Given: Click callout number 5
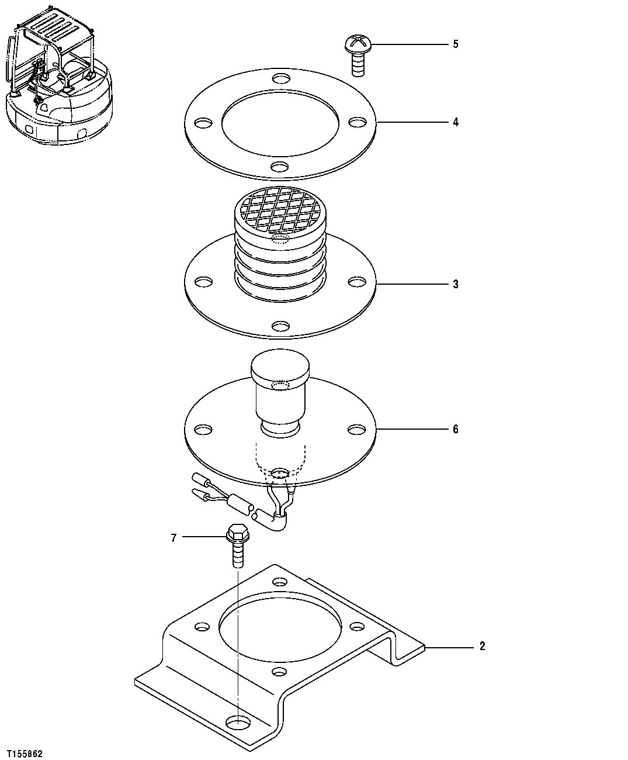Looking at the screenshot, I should coord(456,44).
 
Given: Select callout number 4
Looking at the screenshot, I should coord(456,122).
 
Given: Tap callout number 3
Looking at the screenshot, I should coord(456,285).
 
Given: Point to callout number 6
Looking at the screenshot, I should coord(456,429).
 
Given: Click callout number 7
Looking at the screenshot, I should coord(174,537).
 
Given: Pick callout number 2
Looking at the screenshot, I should coord(482,647).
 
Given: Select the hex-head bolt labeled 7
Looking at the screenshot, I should coord(237,544).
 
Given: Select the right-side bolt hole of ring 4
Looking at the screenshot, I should coord(357,122).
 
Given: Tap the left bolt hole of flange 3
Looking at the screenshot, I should coord(203,282).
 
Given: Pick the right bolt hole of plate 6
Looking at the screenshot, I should coord(356,430).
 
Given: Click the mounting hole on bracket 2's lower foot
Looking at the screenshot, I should coord(237,723).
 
